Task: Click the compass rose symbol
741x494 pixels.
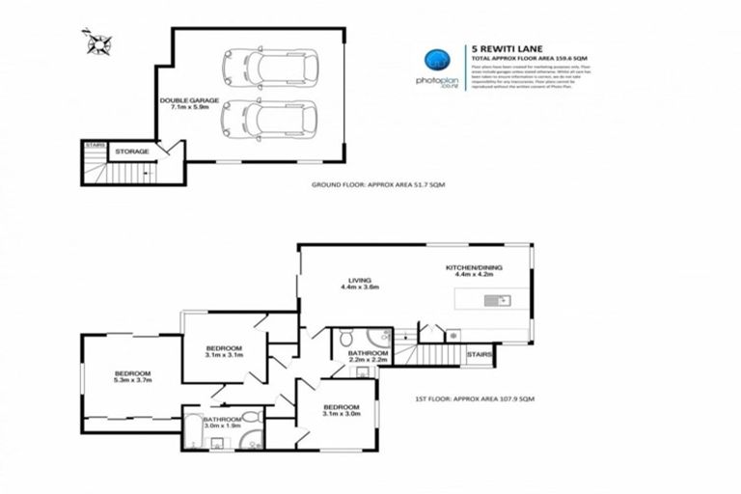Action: coord(98,43)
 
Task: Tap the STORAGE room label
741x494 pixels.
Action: coord(132,151)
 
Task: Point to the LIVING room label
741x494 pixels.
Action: coord(360,284)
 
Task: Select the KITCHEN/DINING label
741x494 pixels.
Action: coord(473,270)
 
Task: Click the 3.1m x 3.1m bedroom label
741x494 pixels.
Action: coord(223,351)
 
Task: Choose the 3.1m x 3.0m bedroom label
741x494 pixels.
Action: coord(341,410)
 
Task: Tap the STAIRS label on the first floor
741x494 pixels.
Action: coord(480,354)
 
